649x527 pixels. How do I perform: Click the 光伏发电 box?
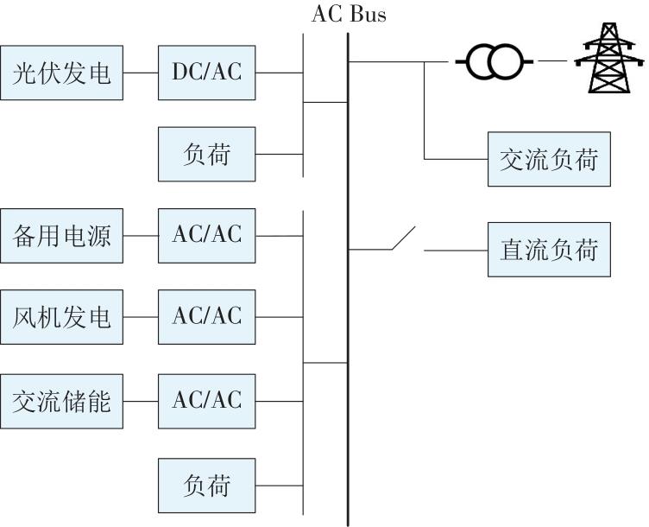click(61, 73)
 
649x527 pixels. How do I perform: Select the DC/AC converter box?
click(207, 73)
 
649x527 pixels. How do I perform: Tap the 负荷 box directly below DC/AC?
click(207, 155)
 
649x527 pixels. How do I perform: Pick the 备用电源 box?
click(61, 235)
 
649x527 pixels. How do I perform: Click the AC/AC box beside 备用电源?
click(207, 235)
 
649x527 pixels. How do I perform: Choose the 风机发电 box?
click(61, 317)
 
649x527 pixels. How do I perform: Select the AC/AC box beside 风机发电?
click(207, 317)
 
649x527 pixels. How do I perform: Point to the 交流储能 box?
click(61, 401)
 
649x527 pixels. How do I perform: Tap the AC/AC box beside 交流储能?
click(207, 401)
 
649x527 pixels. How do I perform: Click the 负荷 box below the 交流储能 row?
click(207, 486)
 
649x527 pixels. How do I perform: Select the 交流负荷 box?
click(549, 159)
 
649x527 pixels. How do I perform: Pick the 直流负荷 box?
click(549, 250)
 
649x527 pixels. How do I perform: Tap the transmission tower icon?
click(609, 58)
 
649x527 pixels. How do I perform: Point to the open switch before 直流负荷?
click(403, 240)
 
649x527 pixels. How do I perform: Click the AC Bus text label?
click(349, 15)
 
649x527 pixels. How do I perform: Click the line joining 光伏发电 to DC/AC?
click(141, 73)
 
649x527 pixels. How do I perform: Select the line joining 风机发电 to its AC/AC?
click(141, 317)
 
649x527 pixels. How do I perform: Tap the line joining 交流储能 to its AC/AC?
click(141, 401)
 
